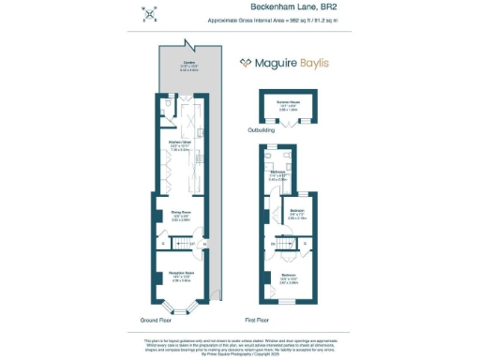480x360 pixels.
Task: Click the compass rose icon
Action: tap(149, 13)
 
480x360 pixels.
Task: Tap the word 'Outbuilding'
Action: tap(262, 130)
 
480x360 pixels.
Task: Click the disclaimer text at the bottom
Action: tap(240, 346)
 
